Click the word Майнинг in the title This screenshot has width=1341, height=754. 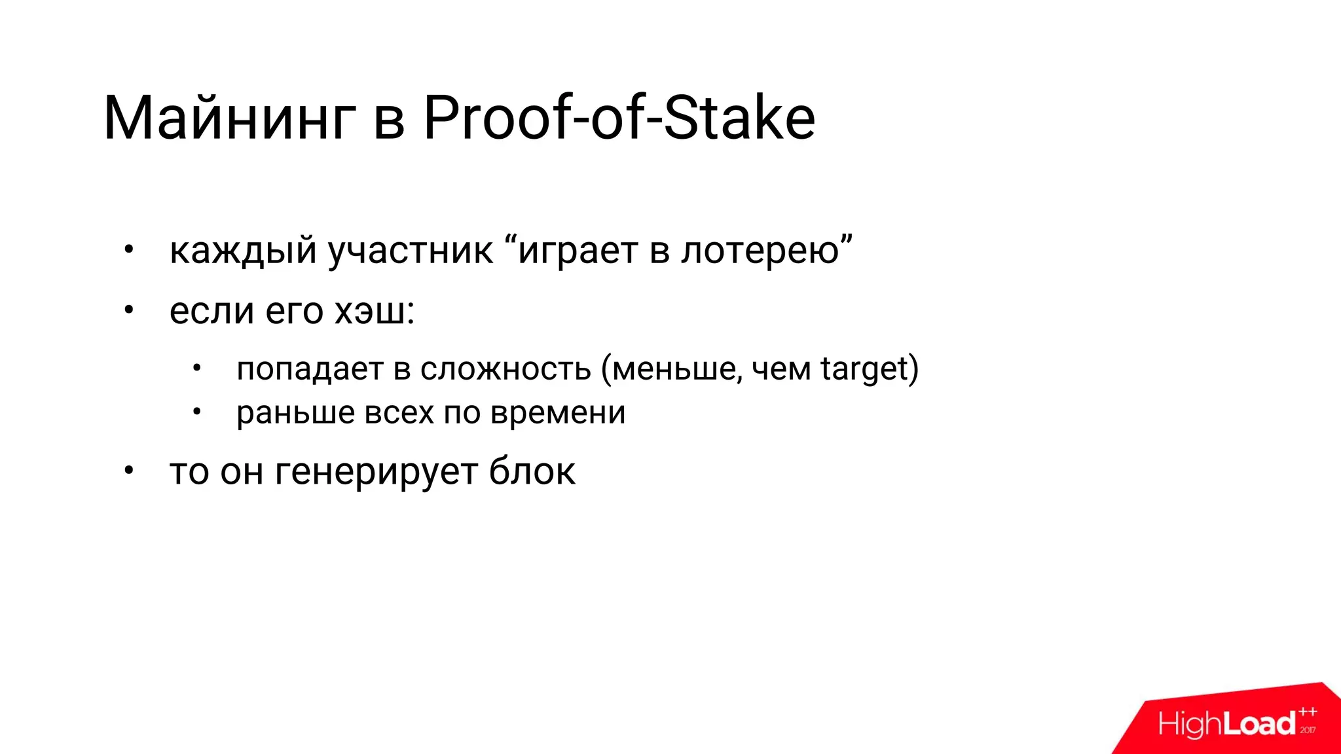[x=229, y=119]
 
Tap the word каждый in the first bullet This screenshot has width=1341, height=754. [x=243, y=251]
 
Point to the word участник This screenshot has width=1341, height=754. [x=411, y=251]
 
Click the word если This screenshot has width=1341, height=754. [x=211, y=312]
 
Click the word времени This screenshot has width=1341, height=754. [x=558, y=413]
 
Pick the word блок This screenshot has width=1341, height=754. [x=532, y=471]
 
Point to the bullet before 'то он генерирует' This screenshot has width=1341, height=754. [x=129, y=470]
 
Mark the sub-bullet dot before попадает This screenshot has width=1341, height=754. [x=196, y=368]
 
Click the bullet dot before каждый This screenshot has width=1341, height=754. [x=129, y=249]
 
